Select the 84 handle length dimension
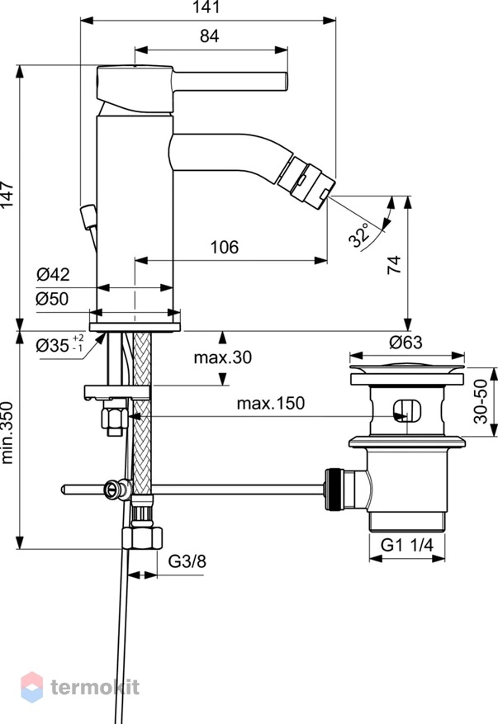[x=209, y=35]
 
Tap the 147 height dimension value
[x=7, y=194]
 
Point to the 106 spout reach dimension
[x=225, y=247]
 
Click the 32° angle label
[x=359, y=235]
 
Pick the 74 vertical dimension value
[x=394, y=265]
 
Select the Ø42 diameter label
[x=53, y=274]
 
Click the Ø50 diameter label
[x=52, y=299]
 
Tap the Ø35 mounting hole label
[x=60, y=344]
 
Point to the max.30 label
[x=223, y=357]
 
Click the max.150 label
[x=271, y=403]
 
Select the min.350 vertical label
[x=7, y=433]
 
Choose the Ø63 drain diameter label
[x=406, y=342]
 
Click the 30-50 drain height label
[x=481, y=400]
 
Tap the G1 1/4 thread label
[x=407, y=545]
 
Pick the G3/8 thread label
[x=187, y=561]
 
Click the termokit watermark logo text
[x=95, y=687]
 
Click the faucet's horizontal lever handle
[x=230, y=81]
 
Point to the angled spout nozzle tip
[x=306, y=182]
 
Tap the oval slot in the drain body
[x=407, y=410]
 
